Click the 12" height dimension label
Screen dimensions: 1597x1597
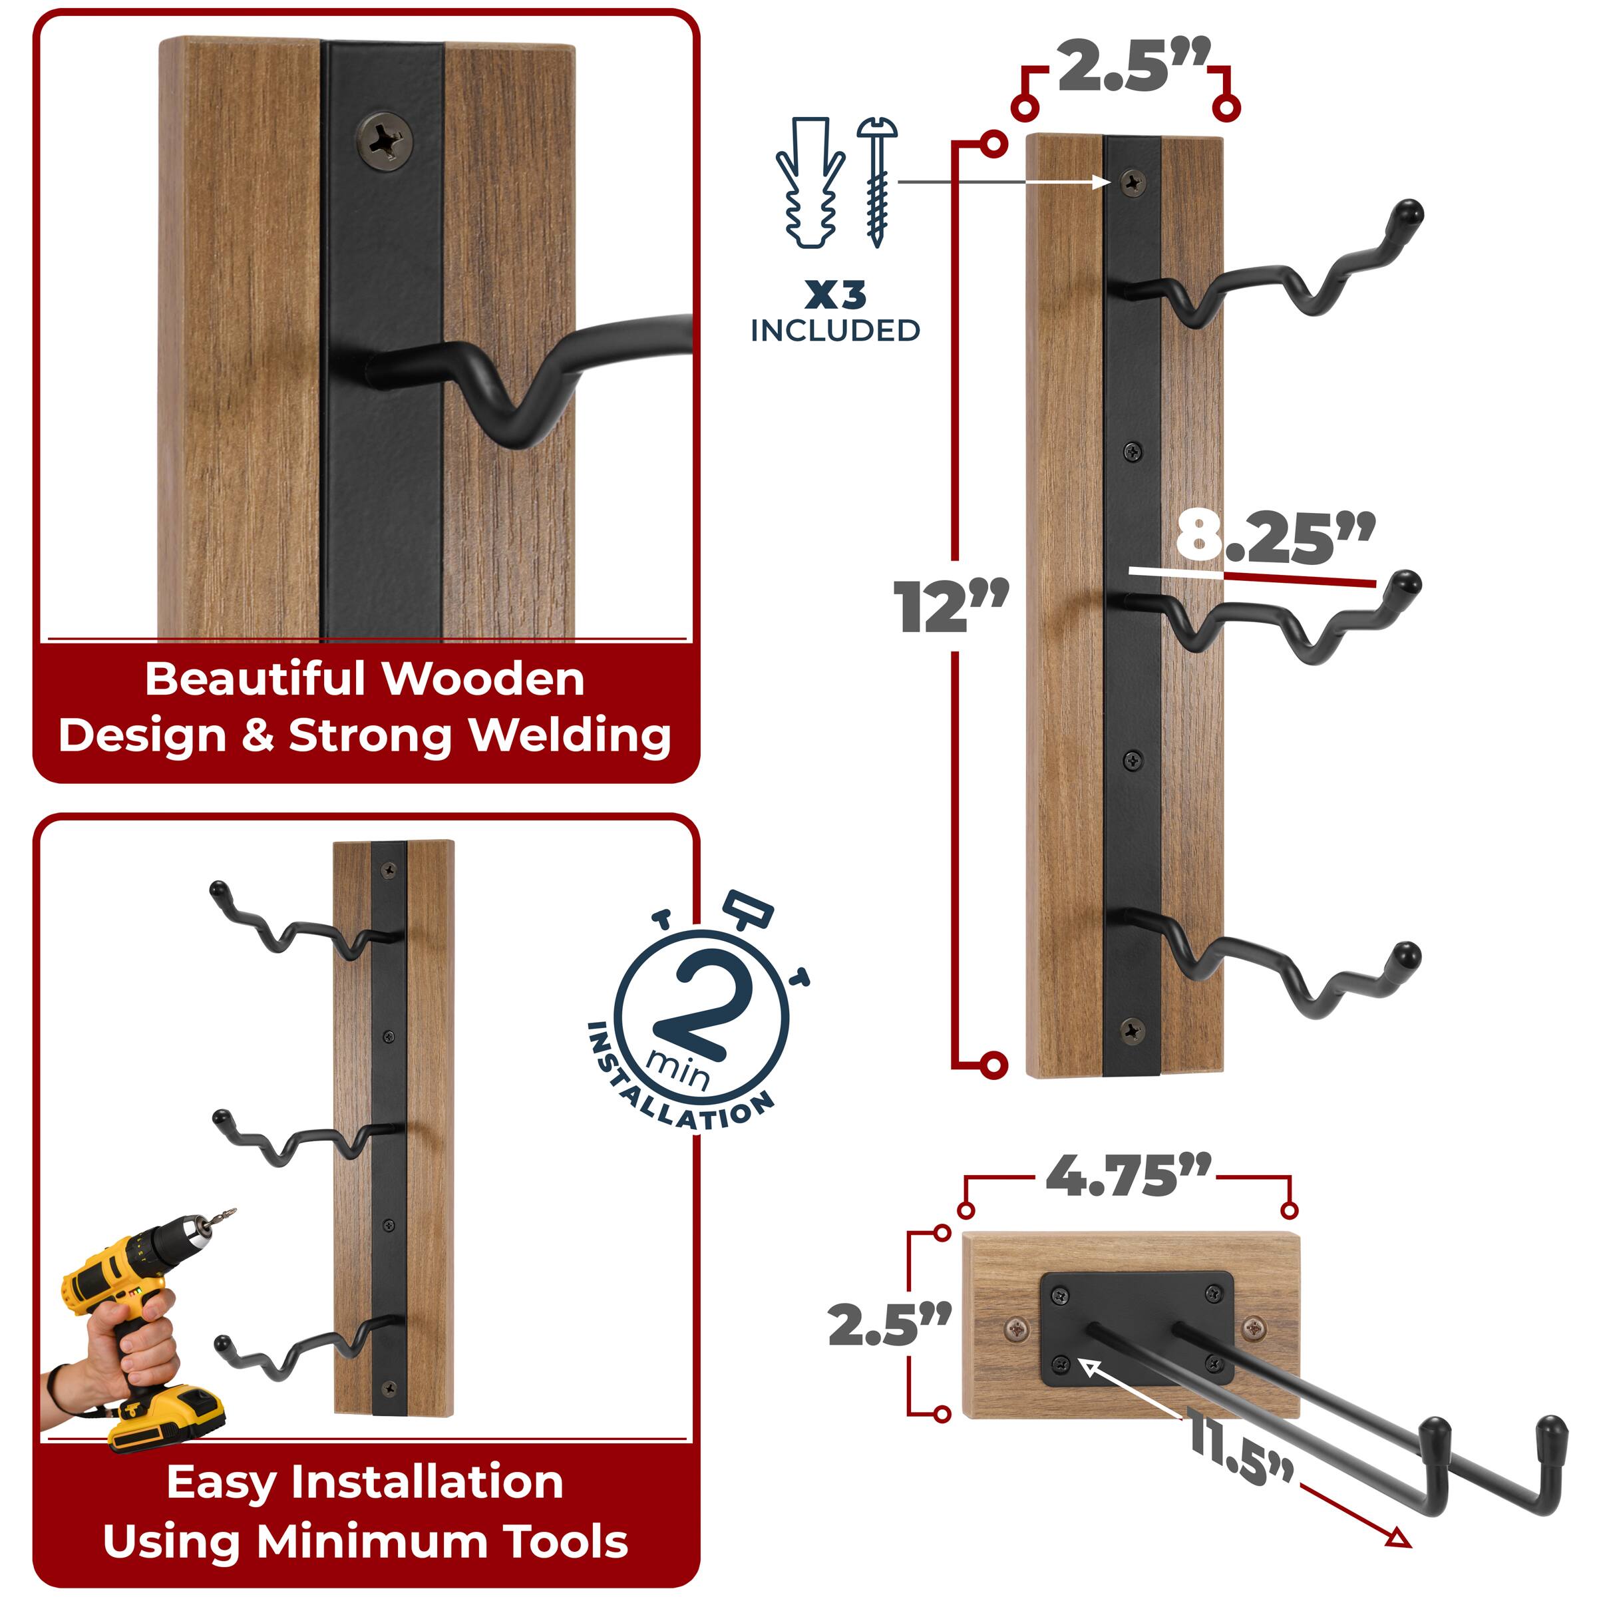pos(951,608)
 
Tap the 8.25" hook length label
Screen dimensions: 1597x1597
pos(1274,537)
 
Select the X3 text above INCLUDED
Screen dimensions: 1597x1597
pos(835,295)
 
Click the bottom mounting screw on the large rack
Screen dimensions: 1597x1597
pos(1132,1030)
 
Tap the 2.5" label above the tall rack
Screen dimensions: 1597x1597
pos(1133,66)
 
